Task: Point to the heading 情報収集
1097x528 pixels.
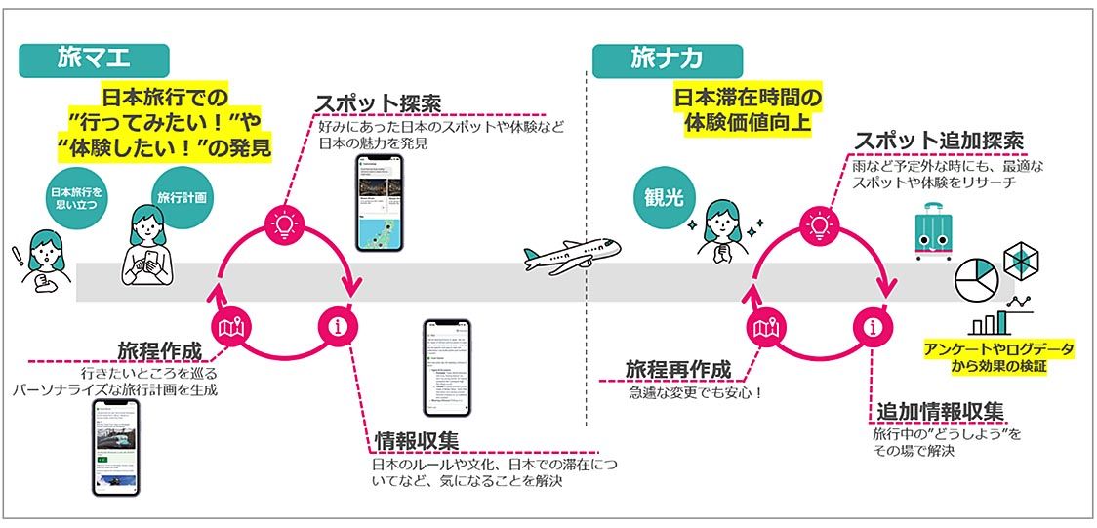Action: point(417,440)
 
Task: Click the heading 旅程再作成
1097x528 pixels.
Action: point(677,370)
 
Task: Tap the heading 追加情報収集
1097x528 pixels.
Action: point(938,410)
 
